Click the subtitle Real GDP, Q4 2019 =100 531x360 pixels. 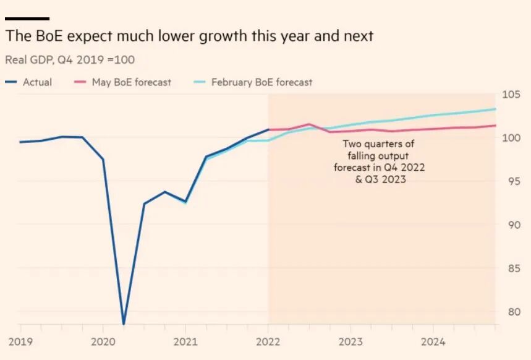click(x=70, y=60)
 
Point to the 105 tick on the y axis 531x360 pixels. click(x=511, y=95)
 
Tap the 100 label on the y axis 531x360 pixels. click(x=511, y=138)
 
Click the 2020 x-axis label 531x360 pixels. click(x=103, y=341)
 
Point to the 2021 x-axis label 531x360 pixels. click(x=185, y=341)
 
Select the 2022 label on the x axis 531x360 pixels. click(x=268, y=341)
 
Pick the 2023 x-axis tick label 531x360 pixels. click(x=350, y=341)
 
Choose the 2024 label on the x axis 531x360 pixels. click(x=433, y=341)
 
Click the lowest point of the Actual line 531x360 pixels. click(x=124, y=324)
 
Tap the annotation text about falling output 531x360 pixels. click(x=379, y=162)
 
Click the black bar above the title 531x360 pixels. click(x=27, y=19)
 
